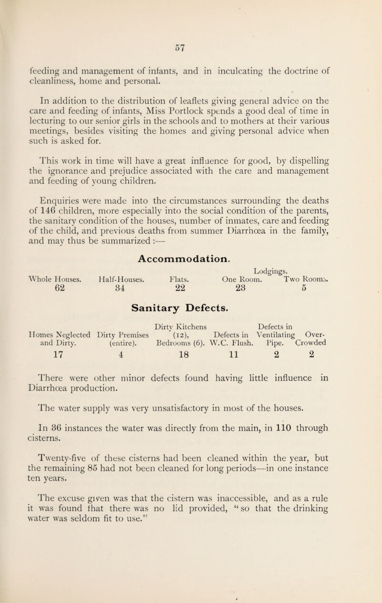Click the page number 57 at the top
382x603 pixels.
(x=191, y=47)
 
